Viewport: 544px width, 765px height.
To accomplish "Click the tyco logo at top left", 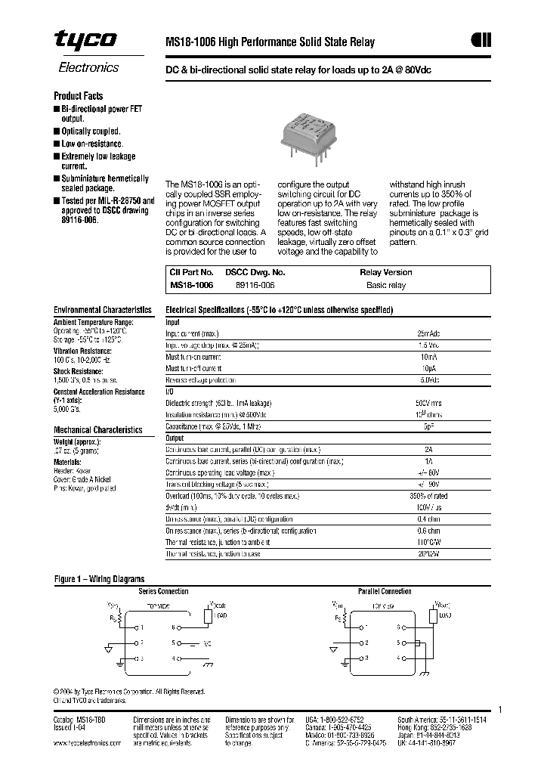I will [85, 41].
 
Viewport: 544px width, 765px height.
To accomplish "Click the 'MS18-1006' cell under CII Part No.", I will [191, 286].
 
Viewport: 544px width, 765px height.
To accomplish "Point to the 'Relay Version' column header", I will [385, 272].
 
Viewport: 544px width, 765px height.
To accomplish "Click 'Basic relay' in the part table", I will [385, 286].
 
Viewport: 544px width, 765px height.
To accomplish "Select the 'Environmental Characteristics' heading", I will [103, 310].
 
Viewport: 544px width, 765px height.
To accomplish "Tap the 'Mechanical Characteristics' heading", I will [97, 429].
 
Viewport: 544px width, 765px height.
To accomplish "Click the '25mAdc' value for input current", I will [428, 333].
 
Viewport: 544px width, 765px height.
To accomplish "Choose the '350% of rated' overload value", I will [428, 496].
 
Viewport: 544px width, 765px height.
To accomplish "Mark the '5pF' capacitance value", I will [428, 427].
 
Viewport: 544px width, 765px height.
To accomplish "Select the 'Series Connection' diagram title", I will [163, 591].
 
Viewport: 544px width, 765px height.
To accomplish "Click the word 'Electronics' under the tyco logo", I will [88, 67].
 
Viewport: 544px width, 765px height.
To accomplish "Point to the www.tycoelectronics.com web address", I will [87, 743].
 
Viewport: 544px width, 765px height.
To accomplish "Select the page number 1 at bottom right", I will [499, 709].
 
